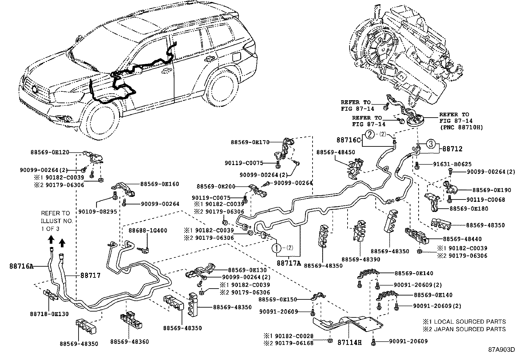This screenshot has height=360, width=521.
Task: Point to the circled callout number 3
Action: coord(431,144)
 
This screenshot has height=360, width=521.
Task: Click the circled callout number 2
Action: coord(370,134)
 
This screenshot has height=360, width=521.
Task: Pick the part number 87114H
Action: coord(350,342)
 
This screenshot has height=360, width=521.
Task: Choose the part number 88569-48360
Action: coord(129,342)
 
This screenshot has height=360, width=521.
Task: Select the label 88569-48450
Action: coord(336,152)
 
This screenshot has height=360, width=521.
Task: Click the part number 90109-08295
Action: coord(98,212)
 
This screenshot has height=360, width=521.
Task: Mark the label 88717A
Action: coord(289,263)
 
